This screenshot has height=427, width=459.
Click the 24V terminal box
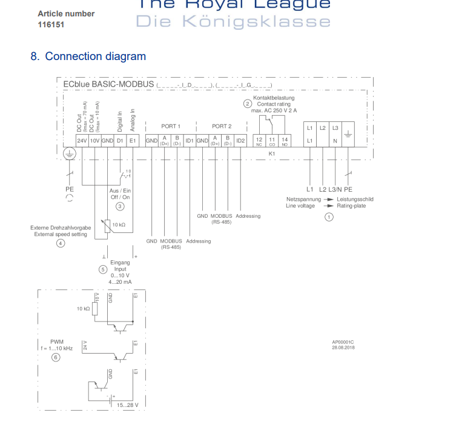coord(81,141)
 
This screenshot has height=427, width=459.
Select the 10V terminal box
coord(94,141)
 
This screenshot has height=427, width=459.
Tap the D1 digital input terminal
coord(120,141)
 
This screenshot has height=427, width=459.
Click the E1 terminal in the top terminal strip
coord(133,141)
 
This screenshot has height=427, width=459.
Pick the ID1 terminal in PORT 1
coord(189,141)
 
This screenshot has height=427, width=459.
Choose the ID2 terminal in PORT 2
coord(240,141)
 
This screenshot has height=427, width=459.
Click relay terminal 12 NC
coord(259,141)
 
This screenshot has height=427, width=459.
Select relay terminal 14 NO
coord(285,141)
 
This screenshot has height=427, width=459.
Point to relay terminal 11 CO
coord(272,141)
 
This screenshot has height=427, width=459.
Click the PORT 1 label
coord(171,126)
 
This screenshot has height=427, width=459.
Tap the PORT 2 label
coord(222,126)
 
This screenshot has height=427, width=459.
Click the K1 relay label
coord(272,154)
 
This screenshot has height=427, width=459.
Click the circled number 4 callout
coord(60,243)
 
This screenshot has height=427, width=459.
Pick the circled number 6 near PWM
coord(56,357)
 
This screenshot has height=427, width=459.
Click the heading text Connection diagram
coord(95,56)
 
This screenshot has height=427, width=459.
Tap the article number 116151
coord(51,25)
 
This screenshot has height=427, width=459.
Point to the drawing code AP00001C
coord(342,341)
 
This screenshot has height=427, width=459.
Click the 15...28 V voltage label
coord(128,405)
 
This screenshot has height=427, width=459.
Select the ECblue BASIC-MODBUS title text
coord(108,84)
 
